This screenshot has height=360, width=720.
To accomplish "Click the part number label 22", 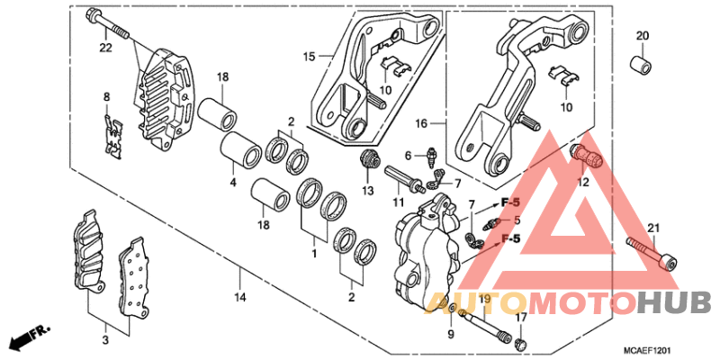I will pos(105,48).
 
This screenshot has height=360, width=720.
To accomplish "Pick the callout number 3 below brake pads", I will pos(105,340).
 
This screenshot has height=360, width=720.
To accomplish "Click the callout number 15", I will pos(309,56).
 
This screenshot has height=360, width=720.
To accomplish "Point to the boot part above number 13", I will pos(366,160).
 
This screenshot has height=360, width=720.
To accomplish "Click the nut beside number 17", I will pos(520,343).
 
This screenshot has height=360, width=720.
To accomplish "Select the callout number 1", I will pos(313,256).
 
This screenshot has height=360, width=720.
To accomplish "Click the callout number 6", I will pos(407,155).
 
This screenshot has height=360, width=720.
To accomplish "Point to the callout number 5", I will pos(517,220).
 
